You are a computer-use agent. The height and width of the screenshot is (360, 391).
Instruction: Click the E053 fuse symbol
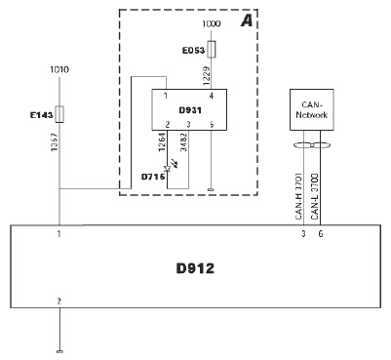pos(212,50)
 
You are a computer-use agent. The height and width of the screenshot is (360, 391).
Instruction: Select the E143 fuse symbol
pos(59,114)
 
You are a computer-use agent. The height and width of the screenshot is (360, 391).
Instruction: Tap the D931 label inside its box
pos(190,110)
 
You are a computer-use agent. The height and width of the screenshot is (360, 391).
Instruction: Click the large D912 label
pos(195,268)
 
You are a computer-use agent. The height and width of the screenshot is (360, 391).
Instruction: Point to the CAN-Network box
pos(311,110)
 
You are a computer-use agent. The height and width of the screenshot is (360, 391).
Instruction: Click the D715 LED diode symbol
pos(168,169)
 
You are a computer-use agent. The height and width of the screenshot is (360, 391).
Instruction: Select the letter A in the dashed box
pos(247,21)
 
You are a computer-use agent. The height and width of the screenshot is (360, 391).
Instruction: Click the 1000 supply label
pos(212,23)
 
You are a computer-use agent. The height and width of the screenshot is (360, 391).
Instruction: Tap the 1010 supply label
pos(59,69)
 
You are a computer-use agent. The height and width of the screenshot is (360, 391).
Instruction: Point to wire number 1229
pos(206,76)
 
